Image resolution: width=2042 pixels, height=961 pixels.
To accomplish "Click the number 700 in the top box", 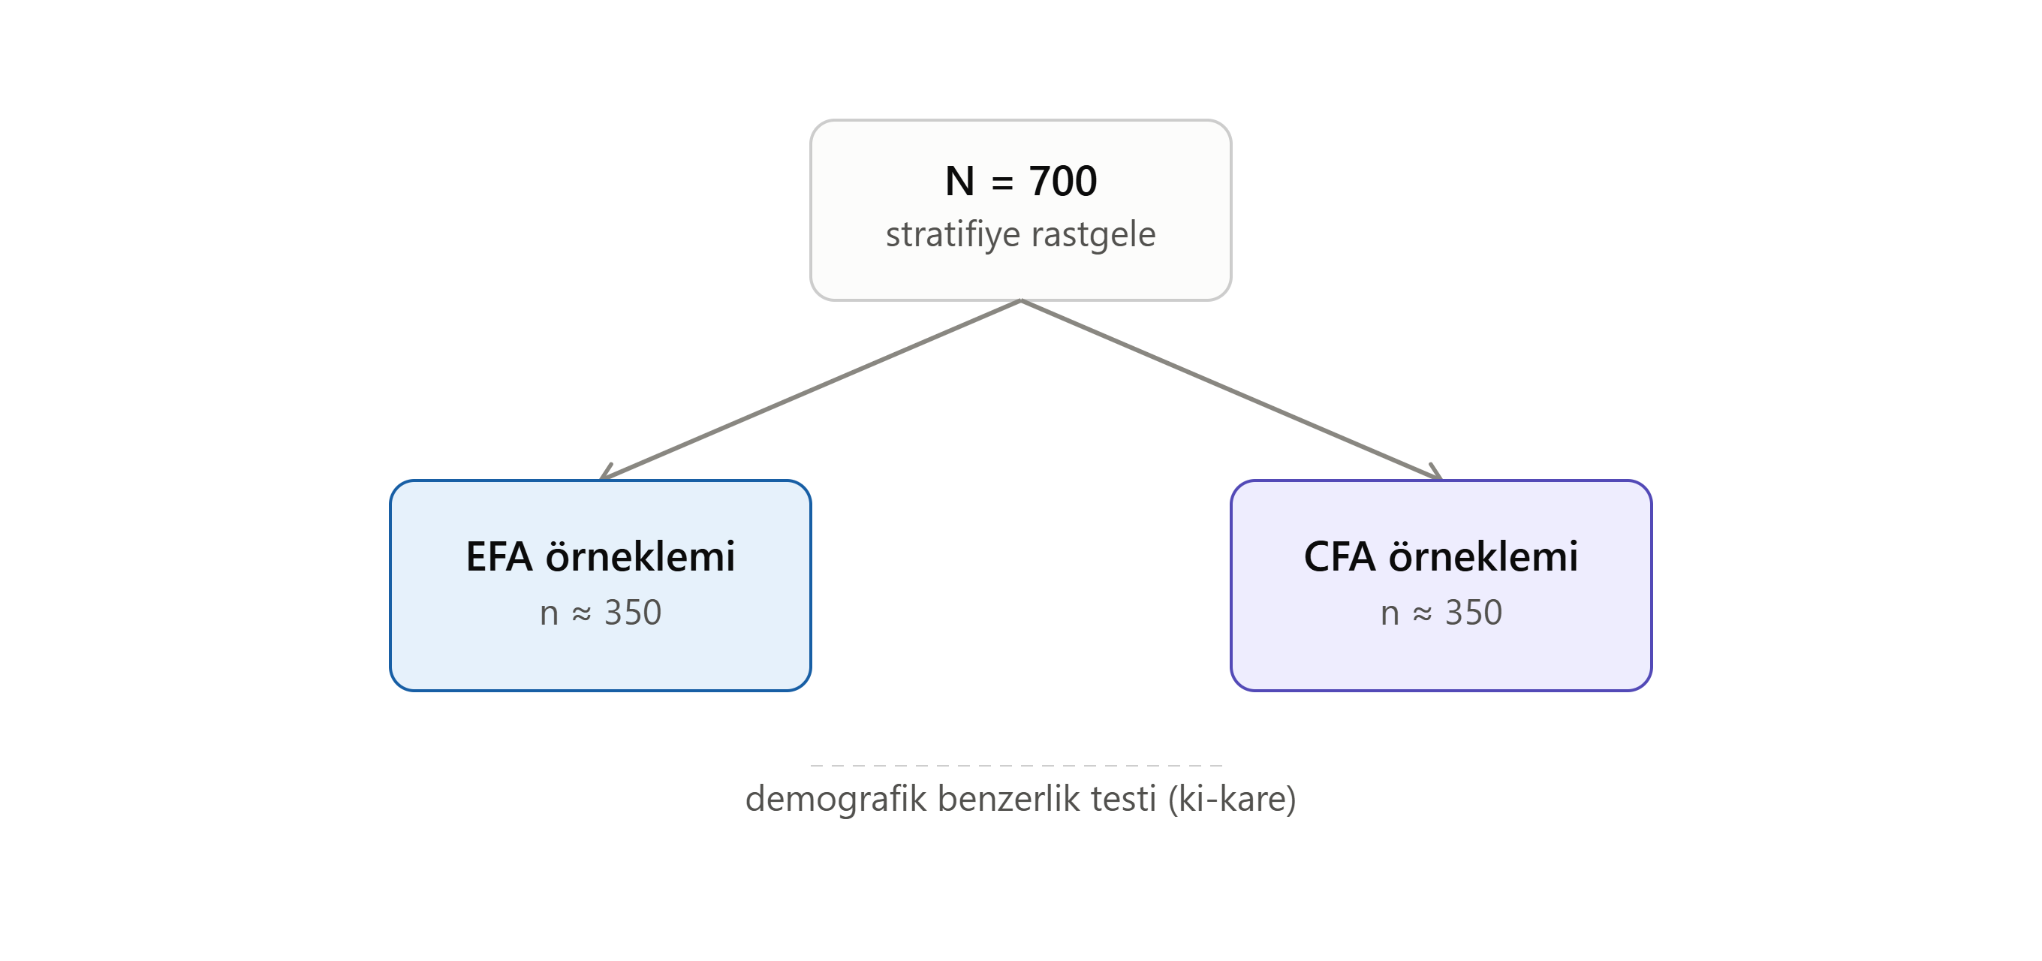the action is click(1063, 181).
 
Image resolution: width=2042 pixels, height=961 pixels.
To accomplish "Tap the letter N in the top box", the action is click(960, 181).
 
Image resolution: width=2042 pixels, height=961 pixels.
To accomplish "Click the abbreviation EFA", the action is click(498, 556).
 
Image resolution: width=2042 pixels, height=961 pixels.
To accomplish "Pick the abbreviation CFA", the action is click(1339, 556).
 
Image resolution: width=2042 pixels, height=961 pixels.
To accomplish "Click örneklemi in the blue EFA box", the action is click(640, 556).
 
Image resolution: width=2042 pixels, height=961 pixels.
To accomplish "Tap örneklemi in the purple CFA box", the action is click(1483, 556).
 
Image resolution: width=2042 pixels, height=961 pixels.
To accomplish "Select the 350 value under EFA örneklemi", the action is click(633, 613).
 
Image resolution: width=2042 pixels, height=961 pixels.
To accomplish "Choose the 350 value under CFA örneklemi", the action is click(1474, 613).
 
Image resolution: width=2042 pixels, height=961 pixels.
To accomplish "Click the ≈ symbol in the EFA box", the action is click(582, 614).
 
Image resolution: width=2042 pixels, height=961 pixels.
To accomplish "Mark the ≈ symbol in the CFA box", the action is click(1423, 614).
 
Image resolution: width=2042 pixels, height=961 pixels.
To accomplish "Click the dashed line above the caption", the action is click(1017, 765).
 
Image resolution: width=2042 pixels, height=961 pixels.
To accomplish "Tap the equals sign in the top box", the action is click(1002, 183).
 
